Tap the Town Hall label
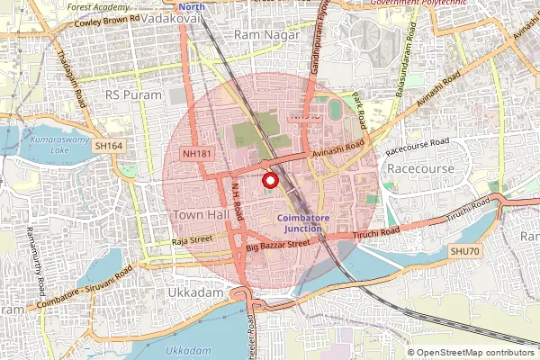(200, 216)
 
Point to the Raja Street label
(193, 240)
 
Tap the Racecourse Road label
(416, 142)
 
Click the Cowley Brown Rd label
(107, 19)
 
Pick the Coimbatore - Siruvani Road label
(85, 287)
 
